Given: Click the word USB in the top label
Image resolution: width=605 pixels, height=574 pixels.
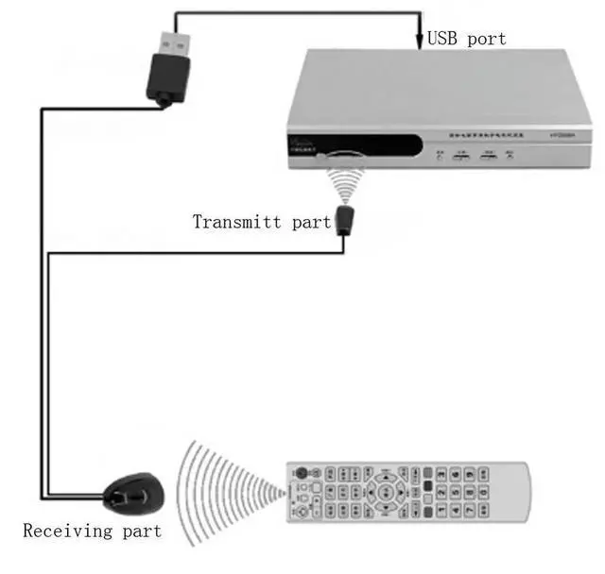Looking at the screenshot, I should tap(445, 39).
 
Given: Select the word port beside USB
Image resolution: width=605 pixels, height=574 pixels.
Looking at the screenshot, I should tap(488, 40).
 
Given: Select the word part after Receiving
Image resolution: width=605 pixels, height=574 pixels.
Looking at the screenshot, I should tap(141, 531).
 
